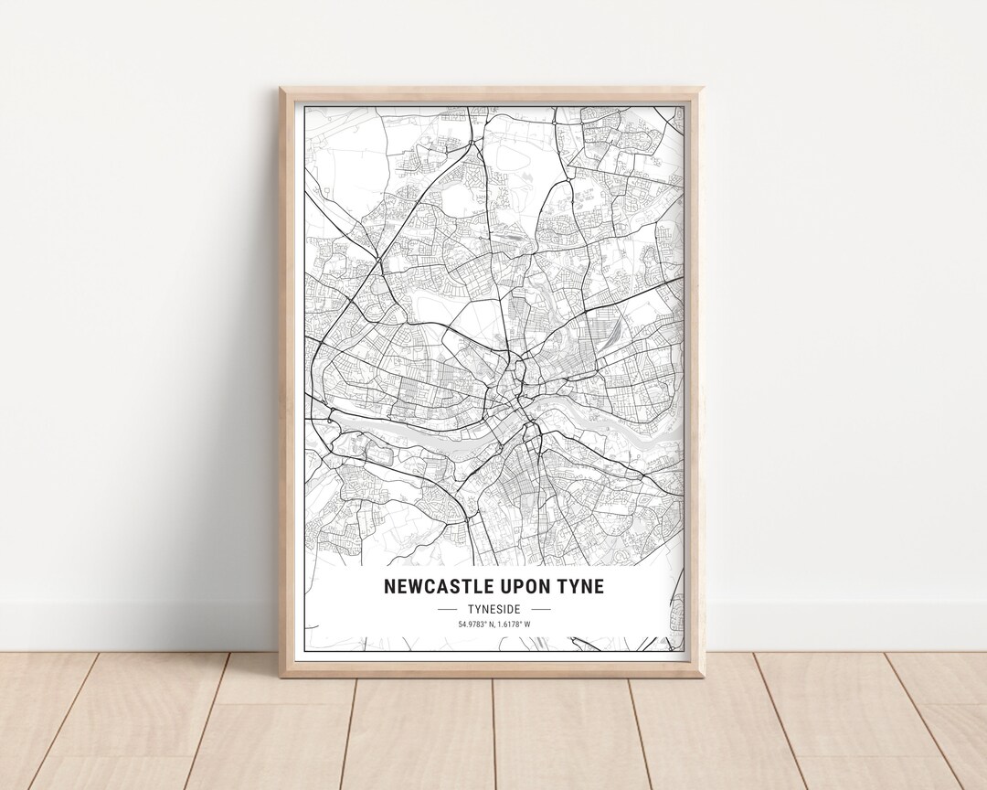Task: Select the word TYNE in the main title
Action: click(x=583, y=586)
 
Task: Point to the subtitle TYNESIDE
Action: click(x=494, y=608)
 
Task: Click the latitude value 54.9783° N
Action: click(x=477, y=625)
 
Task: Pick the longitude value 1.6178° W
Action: click(x=515, y=625)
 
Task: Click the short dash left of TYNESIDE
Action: click(x=448, y=608)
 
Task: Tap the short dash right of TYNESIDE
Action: click(x=541, y=608)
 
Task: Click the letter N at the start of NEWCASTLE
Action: click(x=389, y=586)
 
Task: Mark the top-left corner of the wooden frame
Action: click(x=281, y=89)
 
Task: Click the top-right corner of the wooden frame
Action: click(x=703, y=89)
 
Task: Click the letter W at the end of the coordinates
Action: click(x=527, y=625)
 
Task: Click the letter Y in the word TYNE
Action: click(x=574, y=586)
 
